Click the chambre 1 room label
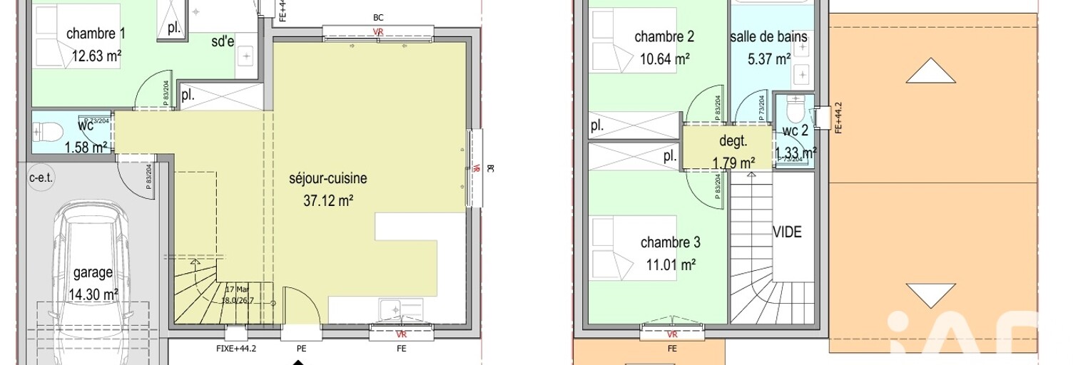[x=96, y=34]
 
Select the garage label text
[x=93, y=273]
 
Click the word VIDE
[x=787, y=232]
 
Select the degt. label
[x=732, y=142]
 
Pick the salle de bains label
[x=768, y=37]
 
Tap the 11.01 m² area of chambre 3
[x=671, y=265]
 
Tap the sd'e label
[x=223, y=41]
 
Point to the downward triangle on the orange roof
[x=931, y=294]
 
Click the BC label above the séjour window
[x=378, y=17]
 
